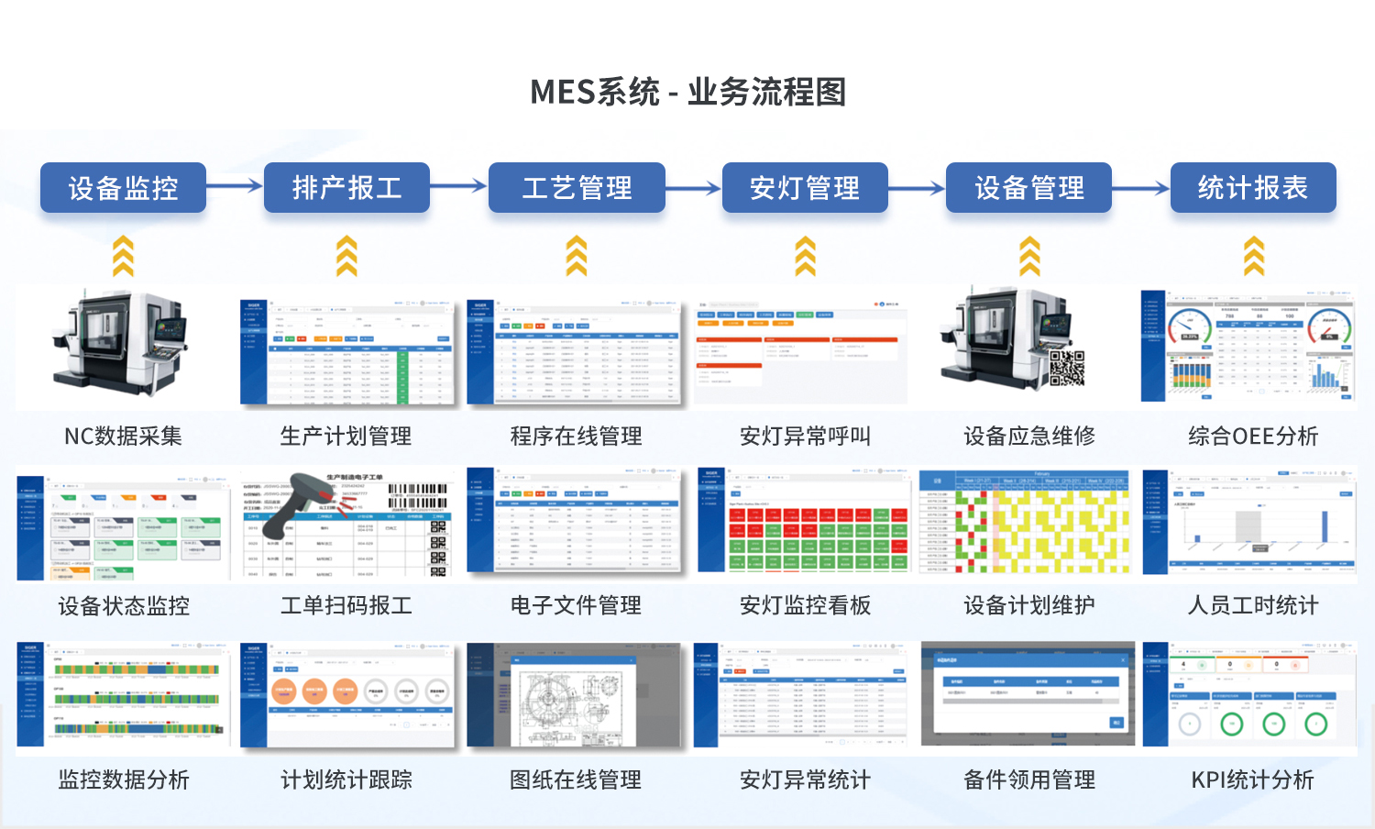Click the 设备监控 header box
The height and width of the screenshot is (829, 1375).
point(123,188)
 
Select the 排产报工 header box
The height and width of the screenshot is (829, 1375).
point(346,188)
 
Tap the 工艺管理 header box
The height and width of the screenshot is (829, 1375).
point(577,188)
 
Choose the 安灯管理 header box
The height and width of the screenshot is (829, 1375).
point(805,188)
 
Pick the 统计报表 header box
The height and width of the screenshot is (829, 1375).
point(1253,188)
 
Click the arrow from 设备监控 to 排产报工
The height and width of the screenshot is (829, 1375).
point(235,187)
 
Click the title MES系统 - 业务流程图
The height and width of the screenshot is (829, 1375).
point(687,92)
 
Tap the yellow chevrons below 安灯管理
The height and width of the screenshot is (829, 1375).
point(805,256)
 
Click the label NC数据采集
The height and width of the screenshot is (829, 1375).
point(123,437)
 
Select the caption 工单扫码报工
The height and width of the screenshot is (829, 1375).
point(346,605)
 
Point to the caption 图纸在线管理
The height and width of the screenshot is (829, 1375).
point(576,779)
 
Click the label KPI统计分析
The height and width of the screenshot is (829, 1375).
point(1252,779)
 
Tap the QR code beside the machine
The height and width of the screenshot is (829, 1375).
point(1066,368)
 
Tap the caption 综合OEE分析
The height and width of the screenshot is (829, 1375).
point(1252,437)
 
